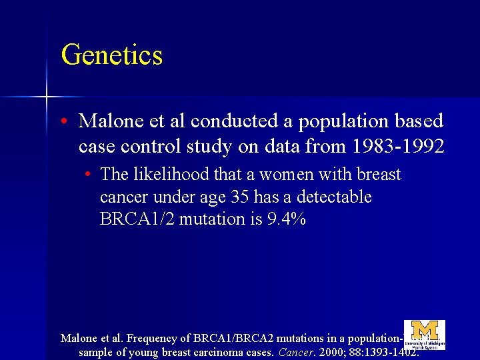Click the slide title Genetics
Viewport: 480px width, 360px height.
click(111, 55)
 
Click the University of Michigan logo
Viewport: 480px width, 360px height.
click(425, 335)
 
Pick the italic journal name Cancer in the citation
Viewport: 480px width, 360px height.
click(294, 352)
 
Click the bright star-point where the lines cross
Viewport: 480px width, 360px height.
click(46, 97)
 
